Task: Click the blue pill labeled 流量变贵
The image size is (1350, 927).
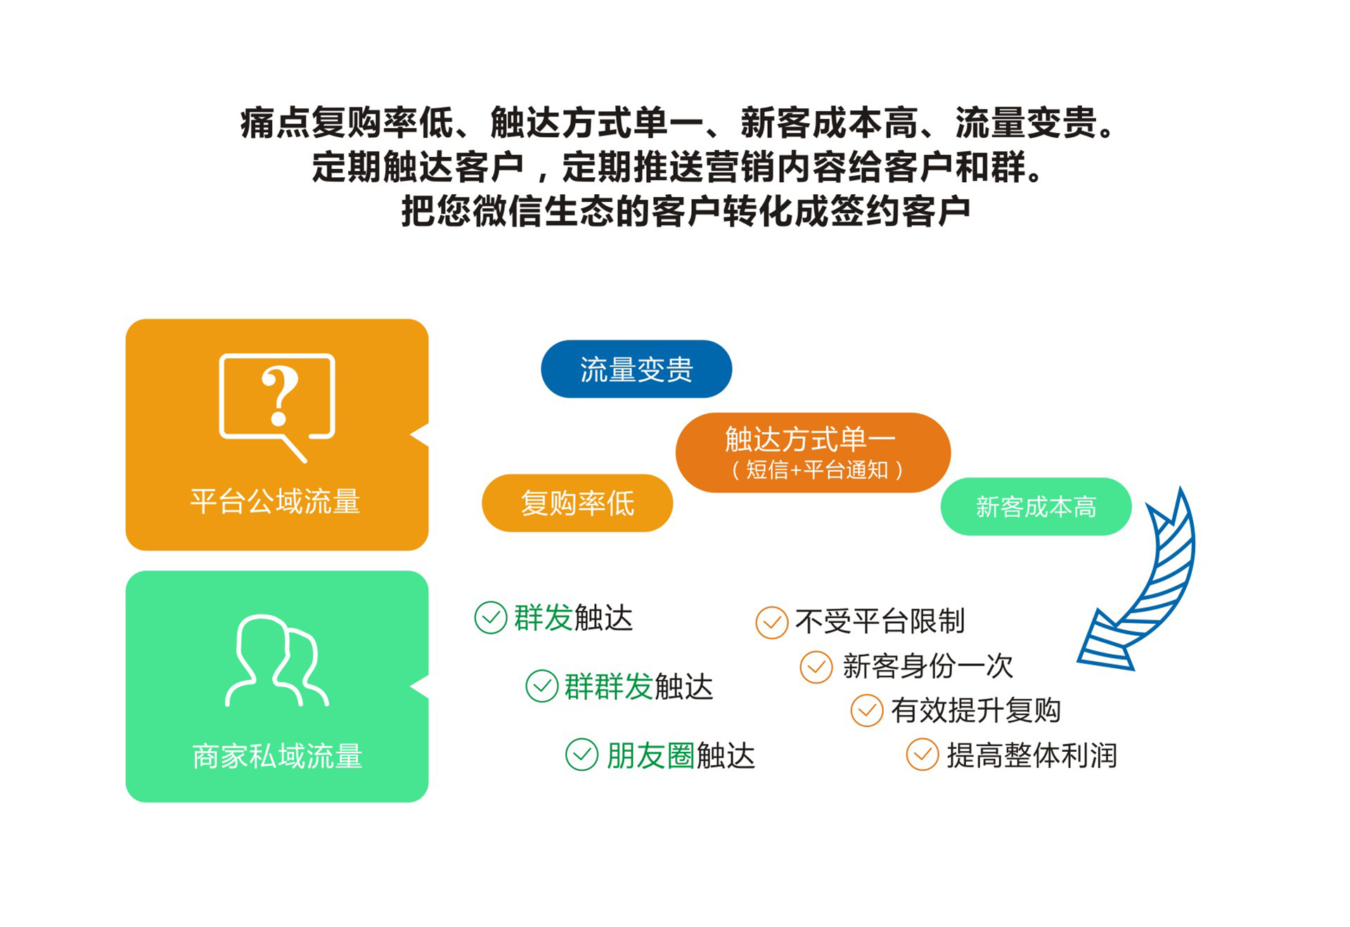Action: pos(636,369)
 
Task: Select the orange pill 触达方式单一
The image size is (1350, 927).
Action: pos(813,452)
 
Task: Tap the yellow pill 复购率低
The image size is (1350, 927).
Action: pos(577,503)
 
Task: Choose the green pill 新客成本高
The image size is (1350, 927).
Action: pos(1036,506)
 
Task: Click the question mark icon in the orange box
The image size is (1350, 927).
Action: pos(277,408)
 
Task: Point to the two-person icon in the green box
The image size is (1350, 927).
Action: pos(277,660)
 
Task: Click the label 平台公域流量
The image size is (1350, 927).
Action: pos(275,501)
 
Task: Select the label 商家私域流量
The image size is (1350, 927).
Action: pos(277,756)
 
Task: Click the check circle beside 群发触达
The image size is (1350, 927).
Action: pos(491,618)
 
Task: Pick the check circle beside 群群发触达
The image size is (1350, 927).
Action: pos(542,686)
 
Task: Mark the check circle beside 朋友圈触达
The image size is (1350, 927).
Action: pos(582,755)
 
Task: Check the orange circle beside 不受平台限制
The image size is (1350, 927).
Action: pos(771,622)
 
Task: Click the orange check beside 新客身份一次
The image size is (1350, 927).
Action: pos(816,667)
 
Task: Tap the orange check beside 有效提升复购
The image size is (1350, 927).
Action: pos(867,710)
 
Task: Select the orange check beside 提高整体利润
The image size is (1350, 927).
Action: pos(922,755)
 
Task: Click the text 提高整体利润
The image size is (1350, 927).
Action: pos(1031,755)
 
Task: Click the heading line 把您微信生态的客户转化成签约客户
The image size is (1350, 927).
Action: pos(686,210)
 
